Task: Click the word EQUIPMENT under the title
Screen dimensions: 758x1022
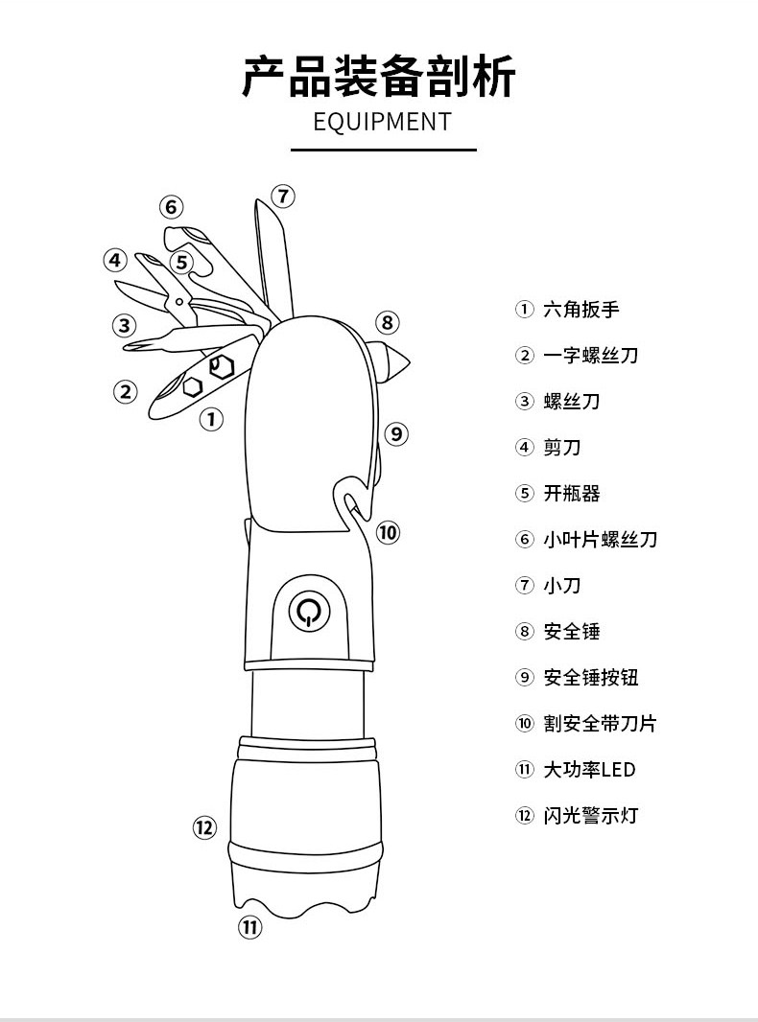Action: tap(382, 122)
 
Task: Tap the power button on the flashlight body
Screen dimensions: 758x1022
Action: tap(308, 611)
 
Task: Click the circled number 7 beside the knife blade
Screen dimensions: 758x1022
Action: tap(282, 197)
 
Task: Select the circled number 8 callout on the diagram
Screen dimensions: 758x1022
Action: tap(386, 322)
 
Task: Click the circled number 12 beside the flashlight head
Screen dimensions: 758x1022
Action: tap(204, 827)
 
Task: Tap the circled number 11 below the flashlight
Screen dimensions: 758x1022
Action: tap(249, 926)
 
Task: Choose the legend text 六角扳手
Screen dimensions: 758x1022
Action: tap(581, 310)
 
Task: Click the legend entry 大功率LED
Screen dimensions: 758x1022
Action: tap(589, 770)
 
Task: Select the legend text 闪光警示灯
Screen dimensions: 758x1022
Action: tap(590, 816)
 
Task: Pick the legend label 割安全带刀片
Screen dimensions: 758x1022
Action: tap(600, 724)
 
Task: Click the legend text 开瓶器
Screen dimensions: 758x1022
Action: tap(572, 494)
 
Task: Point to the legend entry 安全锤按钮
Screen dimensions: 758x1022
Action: tap(590, 678)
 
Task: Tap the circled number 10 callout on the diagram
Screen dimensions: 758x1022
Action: tap(387, 532)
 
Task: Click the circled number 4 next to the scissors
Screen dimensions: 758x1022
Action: tap(115, 260)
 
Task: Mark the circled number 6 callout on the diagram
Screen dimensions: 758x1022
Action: tap(171, 207)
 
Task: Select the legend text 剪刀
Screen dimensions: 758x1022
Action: tap(562, 448)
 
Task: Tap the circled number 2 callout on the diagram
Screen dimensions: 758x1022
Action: tap(126, 391)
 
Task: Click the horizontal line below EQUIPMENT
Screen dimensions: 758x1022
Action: tap(383, 150)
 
